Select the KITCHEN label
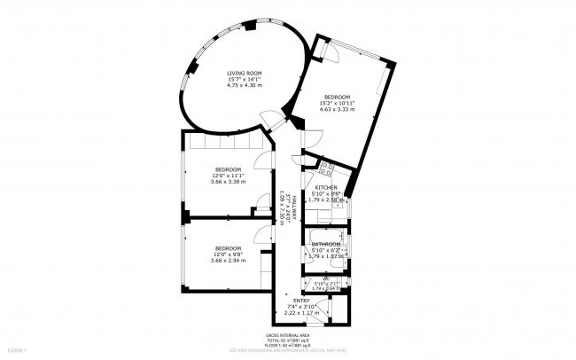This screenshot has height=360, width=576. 325,187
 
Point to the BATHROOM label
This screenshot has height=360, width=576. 325,244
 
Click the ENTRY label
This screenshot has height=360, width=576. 300,301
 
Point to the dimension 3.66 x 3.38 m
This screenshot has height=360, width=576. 228,181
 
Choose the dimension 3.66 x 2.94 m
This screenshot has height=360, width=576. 228,260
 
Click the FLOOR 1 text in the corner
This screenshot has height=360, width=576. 17,352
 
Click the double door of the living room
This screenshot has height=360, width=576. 274,120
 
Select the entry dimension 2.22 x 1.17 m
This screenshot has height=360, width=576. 300,312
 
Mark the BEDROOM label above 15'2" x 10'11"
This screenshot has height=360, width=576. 337,97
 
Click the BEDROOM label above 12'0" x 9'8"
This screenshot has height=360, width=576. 228,247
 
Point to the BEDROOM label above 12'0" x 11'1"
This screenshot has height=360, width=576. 228,168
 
